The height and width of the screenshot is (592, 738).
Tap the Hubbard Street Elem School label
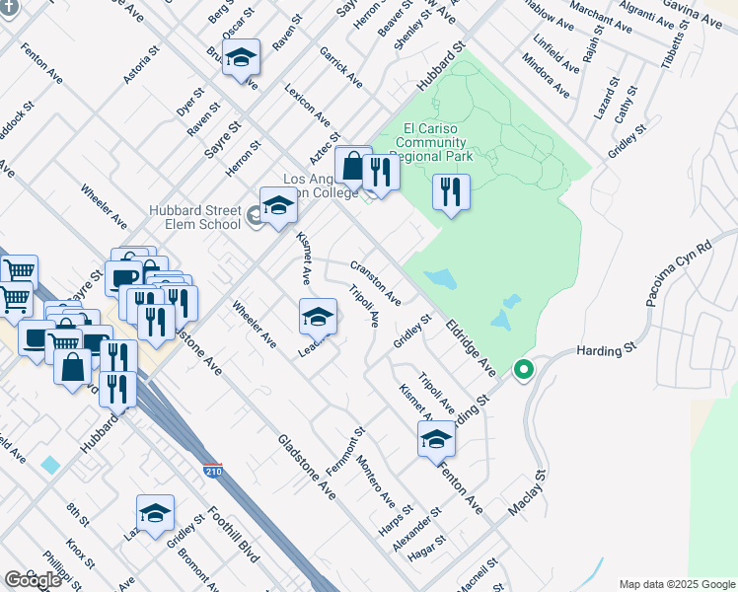tap(194, 216)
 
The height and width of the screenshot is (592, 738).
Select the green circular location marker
tap(524, 370)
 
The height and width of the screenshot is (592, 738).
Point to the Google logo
tap(33, 579)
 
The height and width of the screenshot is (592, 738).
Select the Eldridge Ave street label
tap(469, 344)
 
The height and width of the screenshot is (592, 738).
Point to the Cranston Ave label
tap(376, 282)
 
